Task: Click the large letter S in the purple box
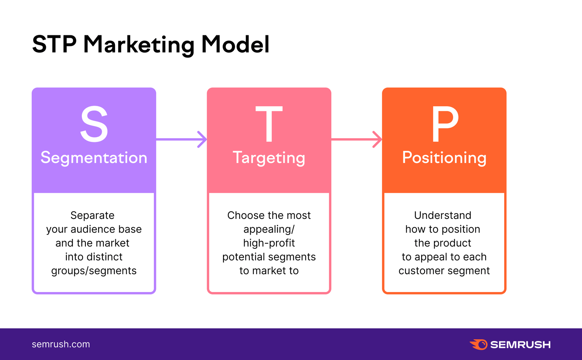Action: coord(94,124)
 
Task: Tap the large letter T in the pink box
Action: coord(269,124)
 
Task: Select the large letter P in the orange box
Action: coord(445,124)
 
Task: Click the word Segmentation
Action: coord(94,158)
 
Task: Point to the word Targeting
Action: coord(269,158)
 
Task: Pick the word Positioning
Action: coord(444,158)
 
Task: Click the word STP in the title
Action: coord(54,44)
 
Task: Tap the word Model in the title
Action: coord(235,44)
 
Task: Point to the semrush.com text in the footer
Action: coord(61,344)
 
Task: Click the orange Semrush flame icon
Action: coord(479,344)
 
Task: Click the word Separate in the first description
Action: coord(92,215)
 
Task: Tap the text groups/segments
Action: coord(94,271)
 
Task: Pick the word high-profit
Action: coord(269,243)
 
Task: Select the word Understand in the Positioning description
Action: coord(443,215)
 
